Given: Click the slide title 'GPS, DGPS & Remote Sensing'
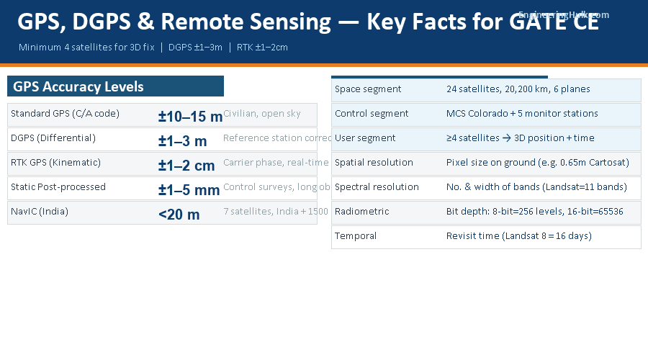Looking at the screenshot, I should coord(173,22).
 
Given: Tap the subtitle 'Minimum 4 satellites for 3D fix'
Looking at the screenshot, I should coord(90,48).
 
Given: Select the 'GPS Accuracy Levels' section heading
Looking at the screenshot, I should coord(78,87).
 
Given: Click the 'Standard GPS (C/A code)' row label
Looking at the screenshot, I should coord(65,114).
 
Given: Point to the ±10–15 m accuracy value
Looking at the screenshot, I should coord(190,117).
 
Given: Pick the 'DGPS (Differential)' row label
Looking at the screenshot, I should coord(53,138).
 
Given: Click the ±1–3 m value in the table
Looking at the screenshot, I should coord(182,141).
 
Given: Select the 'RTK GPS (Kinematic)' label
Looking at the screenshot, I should coord(55,163).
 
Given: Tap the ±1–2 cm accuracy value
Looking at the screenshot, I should coord(186,166).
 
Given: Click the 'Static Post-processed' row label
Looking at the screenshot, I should coord(58,187).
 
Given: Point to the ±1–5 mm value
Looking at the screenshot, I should coord(189,190).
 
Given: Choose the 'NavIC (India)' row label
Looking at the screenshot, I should coord(40,212).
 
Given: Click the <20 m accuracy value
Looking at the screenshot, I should coord(179,215).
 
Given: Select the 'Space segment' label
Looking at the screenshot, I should coord(368,89).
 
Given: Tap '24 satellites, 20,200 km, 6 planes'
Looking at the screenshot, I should coord(518,89).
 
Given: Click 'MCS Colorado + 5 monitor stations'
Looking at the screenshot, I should coord(522,114).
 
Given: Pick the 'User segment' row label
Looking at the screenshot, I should coord(365,138).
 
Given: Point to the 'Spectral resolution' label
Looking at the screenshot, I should coord(377,187).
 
